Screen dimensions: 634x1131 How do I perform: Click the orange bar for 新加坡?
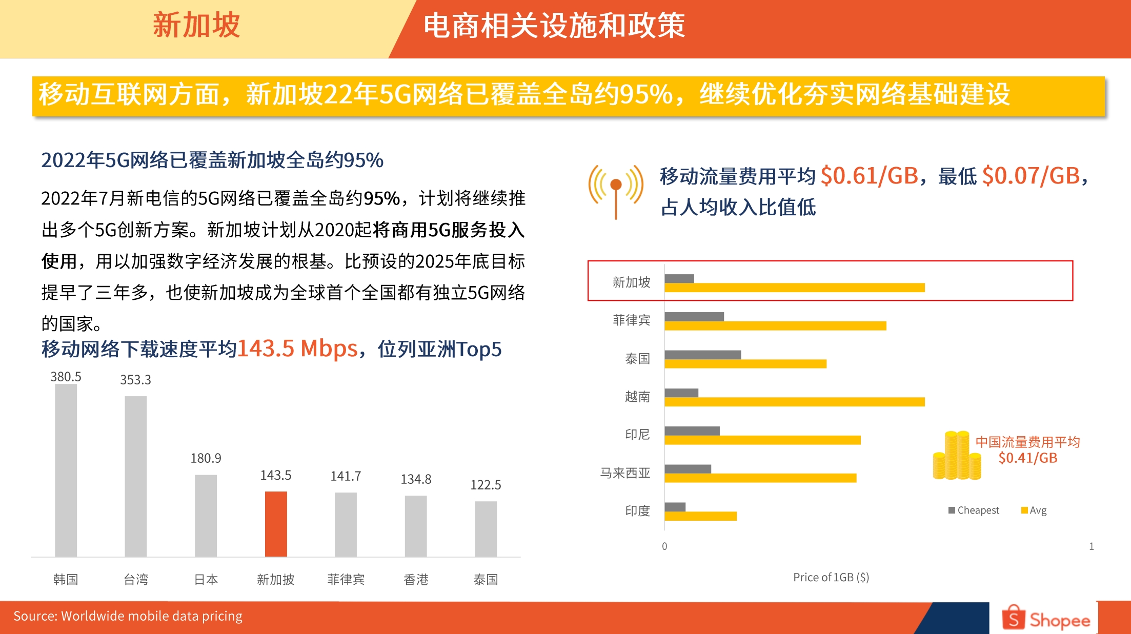pos(276,523)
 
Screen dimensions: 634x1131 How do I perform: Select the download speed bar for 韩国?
pos(66,470)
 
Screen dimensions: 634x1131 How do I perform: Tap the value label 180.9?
pos(206,458)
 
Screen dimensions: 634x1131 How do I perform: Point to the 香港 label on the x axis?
pos(416,580)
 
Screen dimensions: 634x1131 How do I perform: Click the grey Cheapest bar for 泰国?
pos(702,355)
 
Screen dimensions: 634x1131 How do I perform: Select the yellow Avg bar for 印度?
pos(700,516)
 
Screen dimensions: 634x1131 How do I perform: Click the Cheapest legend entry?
pos(974,510)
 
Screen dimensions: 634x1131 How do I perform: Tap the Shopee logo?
pos(1046,619)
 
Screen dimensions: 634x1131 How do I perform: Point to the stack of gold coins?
pos(957,456)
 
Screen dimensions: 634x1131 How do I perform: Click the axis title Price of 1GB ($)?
pos(831,578)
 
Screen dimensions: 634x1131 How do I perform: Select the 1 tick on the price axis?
pos(1092,546)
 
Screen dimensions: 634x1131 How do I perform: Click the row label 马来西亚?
pos(625,473)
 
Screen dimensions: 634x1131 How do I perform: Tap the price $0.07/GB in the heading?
pos(1031,176)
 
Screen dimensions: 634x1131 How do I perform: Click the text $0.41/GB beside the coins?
pos(1027,458)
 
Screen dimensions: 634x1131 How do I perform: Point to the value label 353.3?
pos(135,380)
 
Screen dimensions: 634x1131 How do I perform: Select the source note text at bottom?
pos(128,616)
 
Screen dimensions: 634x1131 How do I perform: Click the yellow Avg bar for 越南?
pos(794,402)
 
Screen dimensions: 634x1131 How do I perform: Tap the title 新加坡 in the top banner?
pos(196,25)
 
